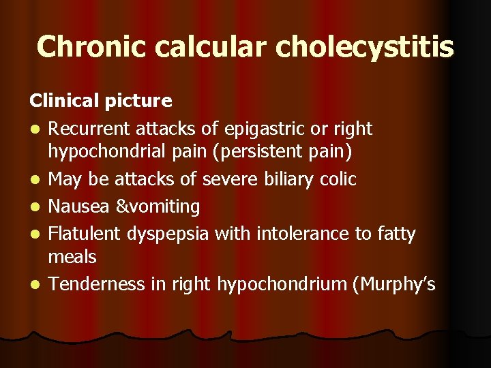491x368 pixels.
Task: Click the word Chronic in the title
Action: (x=92, y=46)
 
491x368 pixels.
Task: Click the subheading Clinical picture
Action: (x=101, y=101)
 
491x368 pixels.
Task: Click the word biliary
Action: (x=288, y=179)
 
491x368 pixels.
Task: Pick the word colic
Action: (x=338, y=179)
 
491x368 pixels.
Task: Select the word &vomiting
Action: (x=157, y=206)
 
